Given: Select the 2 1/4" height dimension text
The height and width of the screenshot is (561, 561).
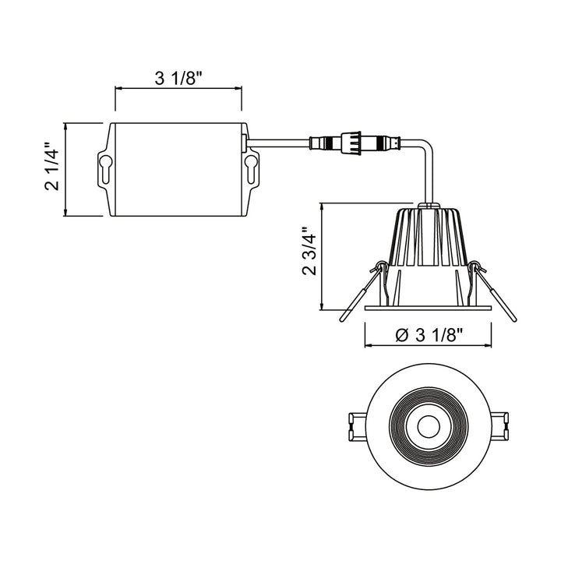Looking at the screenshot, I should [x=51, y=168].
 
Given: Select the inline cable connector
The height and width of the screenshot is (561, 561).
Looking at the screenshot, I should [x=355, y=143].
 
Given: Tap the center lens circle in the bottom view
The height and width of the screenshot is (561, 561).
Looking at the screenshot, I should [x=427, y=426].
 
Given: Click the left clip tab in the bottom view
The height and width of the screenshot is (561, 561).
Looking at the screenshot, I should [x=353, y=426].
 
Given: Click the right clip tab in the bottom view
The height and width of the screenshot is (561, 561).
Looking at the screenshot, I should [x=502, y=426].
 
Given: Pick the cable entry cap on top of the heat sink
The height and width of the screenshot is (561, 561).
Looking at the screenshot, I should [x=427, y=206].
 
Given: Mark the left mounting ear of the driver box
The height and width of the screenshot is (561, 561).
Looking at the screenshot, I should [x=104, y=168].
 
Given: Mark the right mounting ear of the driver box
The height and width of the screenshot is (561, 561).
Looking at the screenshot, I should [x=252, y=168].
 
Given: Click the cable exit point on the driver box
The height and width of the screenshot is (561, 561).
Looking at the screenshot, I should [x=246, y=142].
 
